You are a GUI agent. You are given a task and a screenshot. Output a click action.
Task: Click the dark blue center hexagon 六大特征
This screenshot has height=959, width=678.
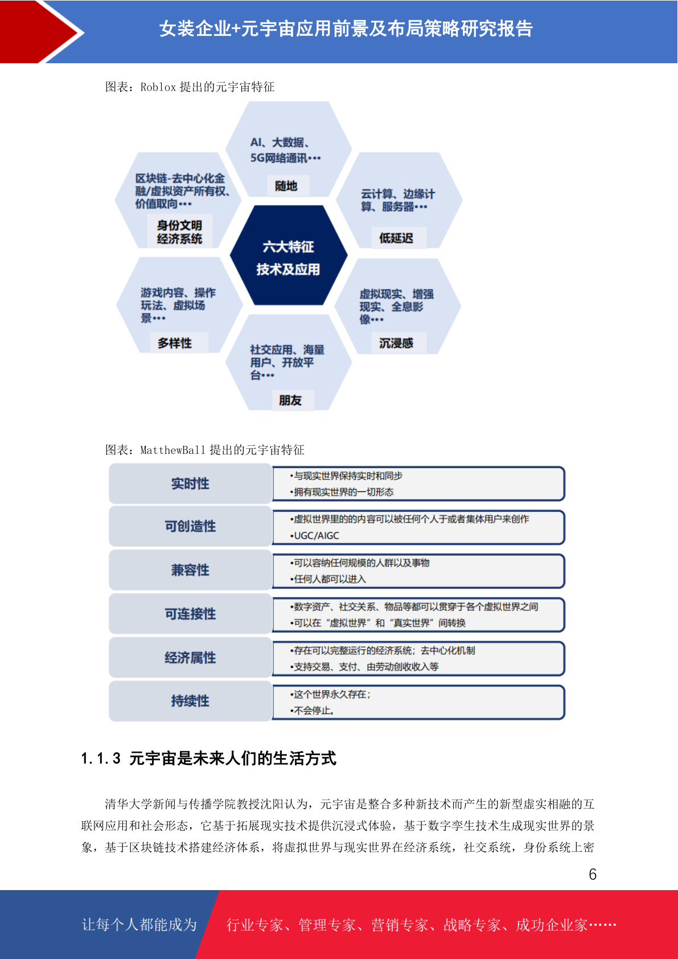coord(289,255)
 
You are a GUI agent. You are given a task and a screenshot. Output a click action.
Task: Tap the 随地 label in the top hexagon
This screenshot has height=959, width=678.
coord(286,186)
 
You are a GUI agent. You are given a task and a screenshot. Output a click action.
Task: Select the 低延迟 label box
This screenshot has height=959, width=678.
coord(396,237)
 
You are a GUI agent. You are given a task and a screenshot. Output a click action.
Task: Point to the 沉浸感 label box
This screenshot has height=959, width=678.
coord(396,343)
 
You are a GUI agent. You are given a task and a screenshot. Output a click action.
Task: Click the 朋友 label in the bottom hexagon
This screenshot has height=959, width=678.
coord(291,400)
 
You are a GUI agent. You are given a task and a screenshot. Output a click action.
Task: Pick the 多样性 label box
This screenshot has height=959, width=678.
coord(175,343)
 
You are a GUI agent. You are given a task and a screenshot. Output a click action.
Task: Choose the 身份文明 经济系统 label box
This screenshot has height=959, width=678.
coord(179,232)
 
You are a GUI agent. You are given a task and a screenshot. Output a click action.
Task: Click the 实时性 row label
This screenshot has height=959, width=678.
coord(191,484)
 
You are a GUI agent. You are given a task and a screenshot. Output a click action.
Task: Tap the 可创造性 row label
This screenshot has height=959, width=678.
coord(191,526)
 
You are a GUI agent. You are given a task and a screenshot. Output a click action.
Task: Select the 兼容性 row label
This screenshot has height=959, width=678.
coord(191,570)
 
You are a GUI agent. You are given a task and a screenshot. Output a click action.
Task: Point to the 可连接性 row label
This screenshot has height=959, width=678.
coord(191,614)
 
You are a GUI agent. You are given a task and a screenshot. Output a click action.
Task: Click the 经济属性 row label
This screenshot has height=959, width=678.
coord(191,658)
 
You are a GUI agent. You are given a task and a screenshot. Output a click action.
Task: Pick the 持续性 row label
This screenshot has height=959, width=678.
coord(191,701)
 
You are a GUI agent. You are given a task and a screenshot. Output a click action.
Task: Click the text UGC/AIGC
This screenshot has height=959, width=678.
coord(317,535)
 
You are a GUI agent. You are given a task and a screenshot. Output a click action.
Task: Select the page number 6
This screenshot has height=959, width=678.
coord(593,874)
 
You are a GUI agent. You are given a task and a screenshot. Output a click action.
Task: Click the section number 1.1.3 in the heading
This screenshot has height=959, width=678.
coord(101,759)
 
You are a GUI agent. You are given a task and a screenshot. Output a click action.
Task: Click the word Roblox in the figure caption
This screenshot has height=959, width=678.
coord(158,87)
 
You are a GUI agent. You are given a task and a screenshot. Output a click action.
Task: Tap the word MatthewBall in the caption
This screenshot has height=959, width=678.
coord(173,450)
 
